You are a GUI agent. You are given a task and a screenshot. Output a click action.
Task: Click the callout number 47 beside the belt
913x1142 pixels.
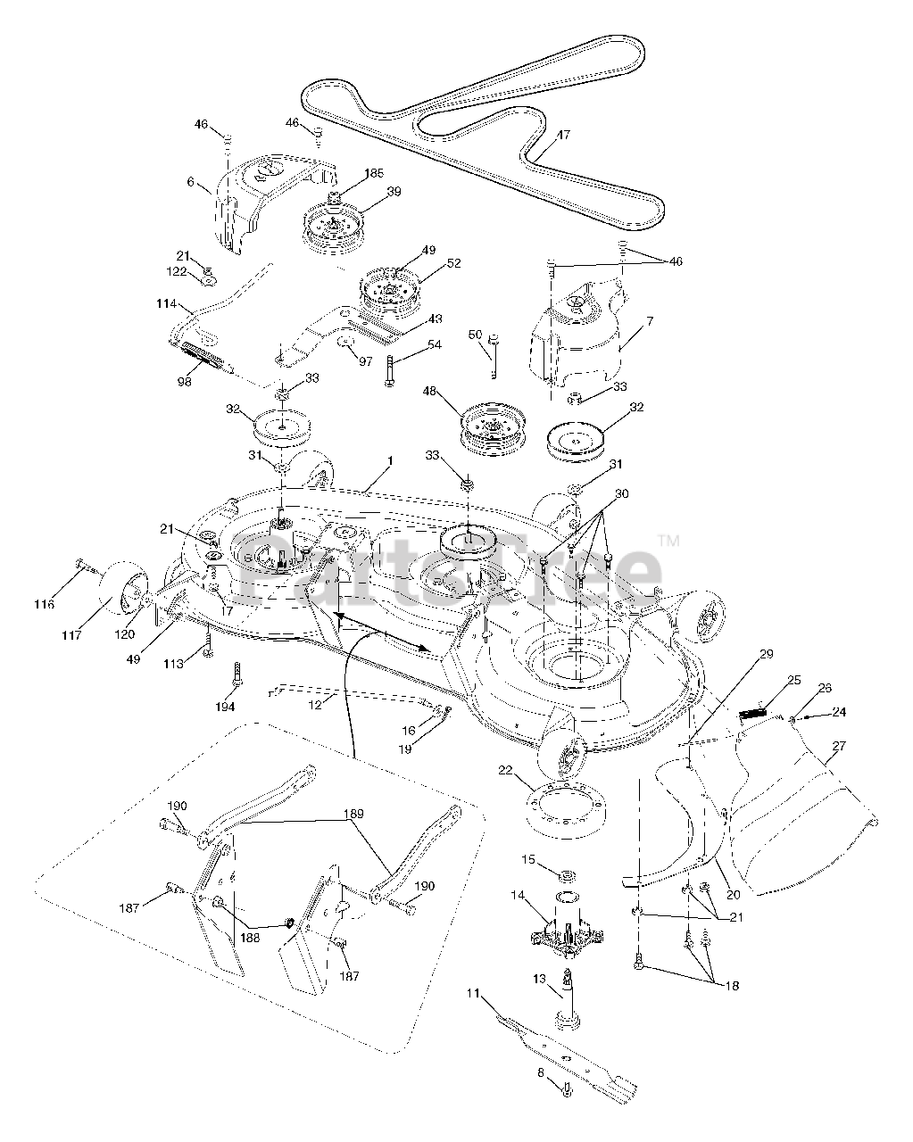(x=563, y=136)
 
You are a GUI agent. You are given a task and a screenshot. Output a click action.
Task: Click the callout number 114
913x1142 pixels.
(x=165, y=303)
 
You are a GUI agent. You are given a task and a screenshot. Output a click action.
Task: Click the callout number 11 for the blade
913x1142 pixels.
(x=473, y=992)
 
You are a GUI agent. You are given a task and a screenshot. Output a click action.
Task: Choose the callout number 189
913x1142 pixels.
(x=354, y=815)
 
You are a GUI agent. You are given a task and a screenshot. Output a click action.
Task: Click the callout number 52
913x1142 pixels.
(x=454, y=262)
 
